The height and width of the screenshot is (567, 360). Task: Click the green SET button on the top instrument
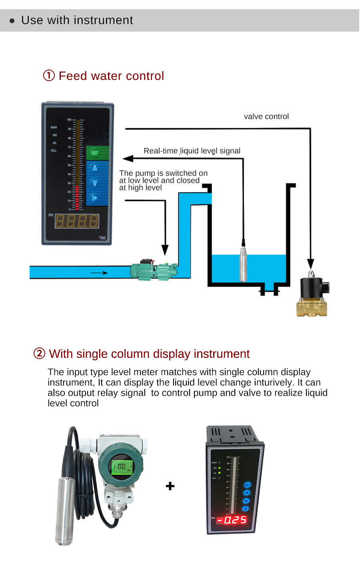[97, 153]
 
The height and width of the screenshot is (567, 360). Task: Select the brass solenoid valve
[313, 296]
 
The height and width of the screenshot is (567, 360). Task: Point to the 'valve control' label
[266, 116]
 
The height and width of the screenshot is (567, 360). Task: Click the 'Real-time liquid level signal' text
[192, 151]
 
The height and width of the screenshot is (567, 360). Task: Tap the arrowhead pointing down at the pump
[165, 250]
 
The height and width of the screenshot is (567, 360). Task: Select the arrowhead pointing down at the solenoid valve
[310, 264]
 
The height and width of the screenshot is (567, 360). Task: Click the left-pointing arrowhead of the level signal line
[128, 159]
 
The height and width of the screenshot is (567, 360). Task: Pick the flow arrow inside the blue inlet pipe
[99, 273]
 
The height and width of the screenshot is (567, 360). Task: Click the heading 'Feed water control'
[111, 76]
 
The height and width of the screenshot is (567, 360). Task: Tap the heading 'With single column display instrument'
[149, 354]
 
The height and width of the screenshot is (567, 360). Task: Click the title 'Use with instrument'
[77, 20]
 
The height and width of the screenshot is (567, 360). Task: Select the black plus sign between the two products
[170, 486]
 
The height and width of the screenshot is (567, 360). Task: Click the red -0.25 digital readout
[232, 520]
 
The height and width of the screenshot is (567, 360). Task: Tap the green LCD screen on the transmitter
[121, 467]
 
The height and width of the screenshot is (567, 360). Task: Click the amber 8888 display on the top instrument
[76, 221]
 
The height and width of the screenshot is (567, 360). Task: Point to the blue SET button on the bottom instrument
[247, 485]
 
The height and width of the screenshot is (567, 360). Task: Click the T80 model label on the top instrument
[102, 238]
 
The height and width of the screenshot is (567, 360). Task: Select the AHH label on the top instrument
[54, 127]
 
